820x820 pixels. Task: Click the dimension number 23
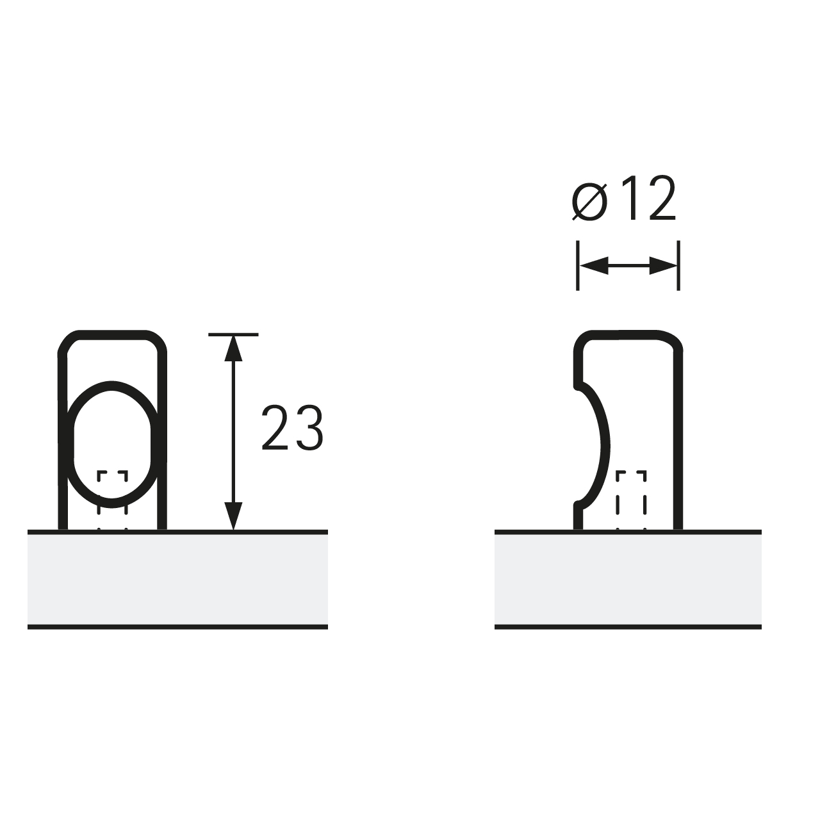[292, 428]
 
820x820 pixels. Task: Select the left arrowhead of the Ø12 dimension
[592, 266]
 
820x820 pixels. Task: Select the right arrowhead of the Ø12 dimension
[664, 266]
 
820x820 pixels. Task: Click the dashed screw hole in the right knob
[631, 493]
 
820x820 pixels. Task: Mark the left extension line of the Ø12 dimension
[578, 265]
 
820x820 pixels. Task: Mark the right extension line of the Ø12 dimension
[678, 265]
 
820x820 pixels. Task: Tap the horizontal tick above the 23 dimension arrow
[234, 334]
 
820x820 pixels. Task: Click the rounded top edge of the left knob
[113, 334]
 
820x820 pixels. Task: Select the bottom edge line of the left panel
[177, 627]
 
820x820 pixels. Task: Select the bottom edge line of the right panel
[628, 627]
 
